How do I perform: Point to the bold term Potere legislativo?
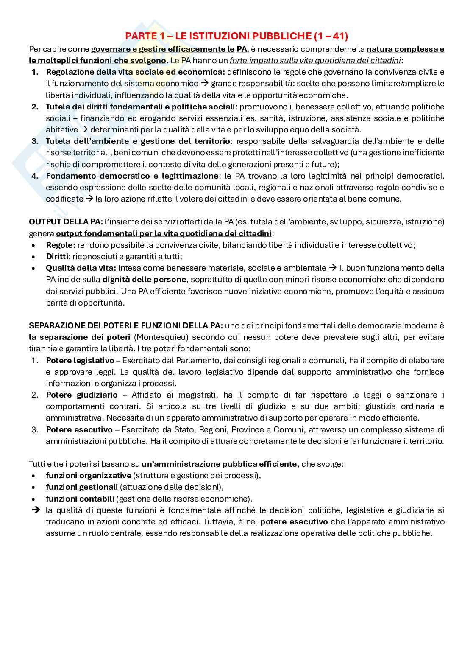tap(80, 361)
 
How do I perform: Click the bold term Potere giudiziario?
tap(82, 395)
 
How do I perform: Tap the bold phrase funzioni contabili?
tap(80, 499)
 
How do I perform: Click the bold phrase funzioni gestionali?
tap(82, 487)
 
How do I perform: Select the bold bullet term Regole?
tap(60, 245)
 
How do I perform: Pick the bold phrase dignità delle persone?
tap(144, 280)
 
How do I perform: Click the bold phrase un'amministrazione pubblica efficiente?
tap(219, 464)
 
